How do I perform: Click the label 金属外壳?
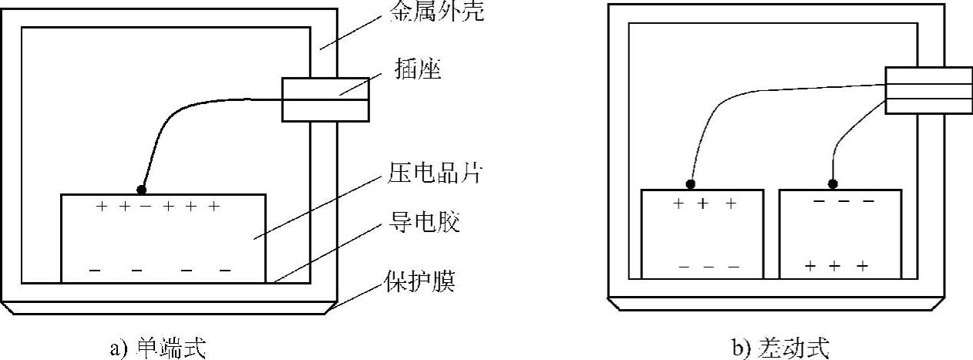tap(438, 13)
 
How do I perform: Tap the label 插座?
tap(420, 72)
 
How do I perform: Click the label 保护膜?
tap(420, 283)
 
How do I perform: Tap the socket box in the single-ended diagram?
tap(325, 99)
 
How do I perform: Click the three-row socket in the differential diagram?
tap(928, 90)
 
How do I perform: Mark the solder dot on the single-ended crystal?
tap(141, 189)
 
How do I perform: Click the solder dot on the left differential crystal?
tap(691, 184)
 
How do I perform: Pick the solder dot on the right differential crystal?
tap(833, 184)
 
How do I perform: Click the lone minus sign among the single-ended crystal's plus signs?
tap(144, 207)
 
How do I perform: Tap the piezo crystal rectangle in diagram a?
tap(163, 239)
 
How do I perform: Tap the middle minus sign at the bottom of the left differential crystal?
tap(709, 267)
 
